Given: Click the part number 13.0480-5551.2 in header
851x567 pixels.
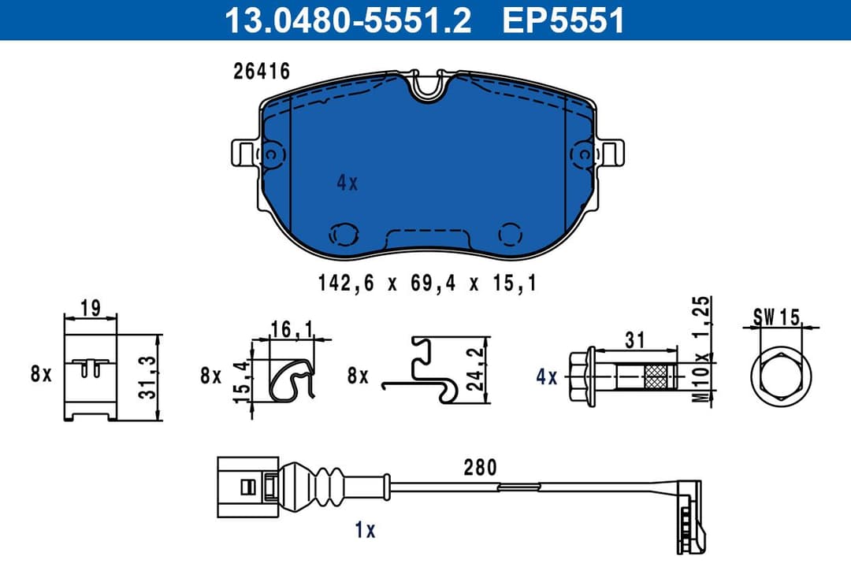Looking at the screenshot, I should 347,20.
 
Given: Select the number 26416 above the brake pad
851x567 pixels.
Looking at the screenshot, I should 262,72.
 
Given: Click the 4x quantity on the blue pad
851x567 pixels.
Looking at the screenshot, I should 347,183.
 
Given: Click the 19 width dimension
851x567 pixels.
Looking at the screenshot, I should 90,308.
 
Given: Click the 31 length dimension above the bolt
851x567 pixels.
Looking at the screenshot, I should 635,340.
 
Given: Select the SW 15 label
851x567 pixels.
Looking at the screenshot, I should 775,317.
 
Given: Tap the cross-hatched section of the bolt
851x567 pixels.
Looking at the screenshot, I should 656,377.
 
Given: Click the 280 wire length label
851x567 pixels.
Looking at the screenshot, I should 480,468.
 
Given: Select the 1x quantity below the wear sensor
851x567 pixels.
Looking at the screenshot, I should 365,531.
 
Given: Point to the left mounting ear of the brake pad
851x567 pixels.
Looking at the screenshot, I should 244,152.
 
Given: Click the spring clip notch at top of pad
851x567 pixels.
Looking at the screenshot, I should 429,84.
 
